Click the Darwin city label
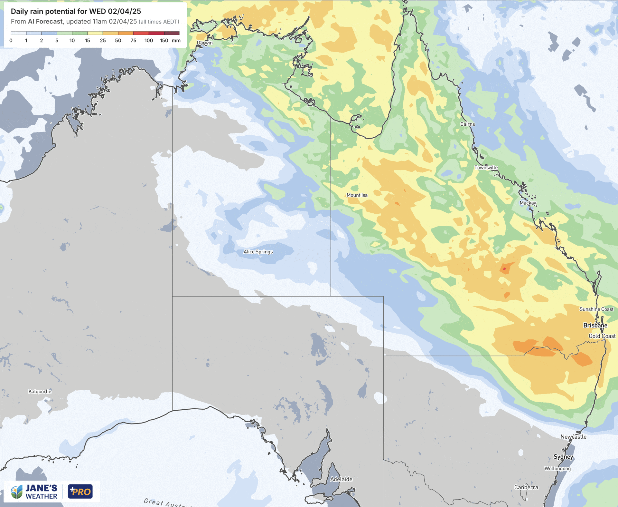(x=205, y=43)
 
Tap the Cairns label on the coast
(x=467, y=124)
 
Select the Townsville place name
(x=486, y=168)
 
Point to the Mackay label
(x=528, y=203)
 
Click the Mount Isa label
(x=357, y=195)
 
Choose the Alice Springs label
(x=258, y=252)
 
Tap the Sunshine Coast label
(x=596, y=309)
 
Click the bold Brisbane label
(x=595, y=325)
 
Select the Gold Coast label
(x=602, y=336)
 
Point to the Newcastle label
(x=573, y=437)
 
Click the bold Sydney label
(x=563, y=457)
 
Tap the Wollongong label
(x=557, y=468)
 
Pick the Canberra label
(x=526, y=487)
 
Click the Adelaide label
(x=341, y=479)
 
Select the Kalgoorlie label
(x=40, y=391)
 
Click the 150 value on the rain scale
(x=164, y=41)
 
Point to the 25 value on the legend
(x=103, y=41)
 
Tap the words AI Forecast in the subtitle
(x=45, y=22)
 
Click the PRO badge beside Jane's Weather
(x=80, y=492)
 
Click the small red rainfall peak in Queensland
(x=504, y=268)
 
